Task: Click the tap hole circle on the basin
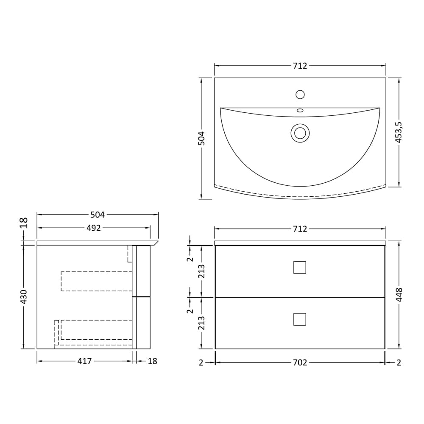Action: point(300,95)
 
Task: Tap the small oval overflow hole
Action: point(300,110)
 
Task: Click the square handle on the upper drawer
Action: point(300,268)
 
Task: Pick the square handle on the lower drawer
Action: point(300,319)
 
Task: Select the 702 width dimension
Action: point(300,363)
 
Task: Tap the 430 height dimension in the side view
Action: point(24,296)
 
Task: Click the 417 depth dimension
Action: point(85,361)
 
